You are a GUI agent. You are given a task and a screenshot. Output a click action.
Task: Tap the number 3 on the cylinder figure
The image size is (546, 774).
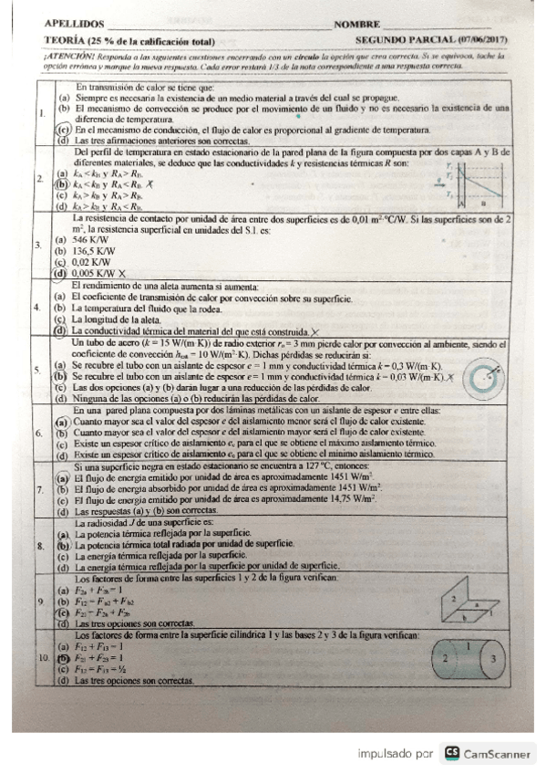(x=493, y=657)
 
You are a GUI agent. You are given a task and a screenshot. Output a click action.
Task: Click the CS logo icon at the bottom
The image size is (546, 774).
(x=450, y=753)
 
